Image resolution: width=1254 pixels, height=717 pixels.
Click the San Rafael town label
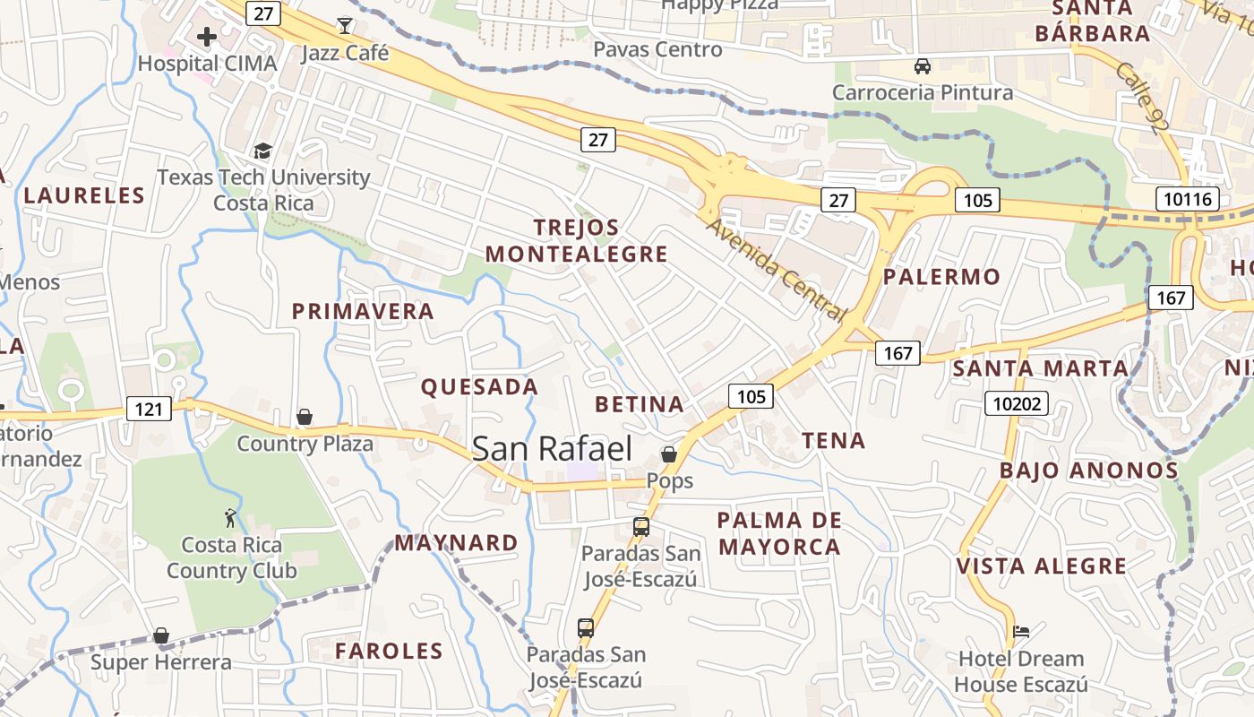pos(552,449)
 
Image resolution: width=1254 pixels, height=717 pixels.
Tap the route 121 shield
pos(149,410)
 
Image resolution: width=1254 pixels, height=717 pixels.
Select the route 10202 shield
pos(1018,403)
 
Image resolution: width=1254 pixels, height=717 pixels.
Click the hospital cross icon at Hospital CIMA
pos(207,37)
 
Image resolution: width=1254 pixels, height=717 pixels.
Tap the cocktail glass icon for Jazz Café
pos(345,25)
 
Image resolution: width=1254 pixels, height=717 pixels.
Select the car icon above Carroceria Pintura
pos(922,66)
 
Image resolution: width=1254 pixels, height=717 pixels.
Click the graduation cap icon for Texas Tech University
pos(262,151)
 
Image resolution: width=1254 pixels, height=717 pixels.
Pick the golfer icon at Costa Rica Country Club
pos(231,518)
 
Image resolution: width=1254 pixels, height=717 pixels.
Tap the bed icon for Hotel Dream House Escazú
pos(1020,631)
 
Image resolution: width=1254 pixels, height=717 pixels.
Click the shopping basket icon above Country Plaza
pos(305,417)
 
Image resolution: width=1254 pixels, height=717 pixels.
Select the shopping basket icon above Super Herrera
pos(161,635)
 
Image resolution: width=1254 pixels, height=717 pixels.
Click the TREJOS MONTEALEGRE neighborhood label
pos(577,241)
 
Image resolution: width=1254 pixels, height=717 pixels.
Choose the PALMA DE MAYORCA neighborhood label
pos(779,533)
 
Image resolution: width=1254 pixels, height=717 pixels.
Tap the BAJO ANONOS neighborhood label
pos(1088,471)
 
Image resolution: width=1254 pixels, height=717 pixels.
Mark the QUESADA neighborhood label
pos(479,387)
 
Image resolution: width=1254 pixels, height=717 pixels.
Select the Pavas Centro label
pos(657,49)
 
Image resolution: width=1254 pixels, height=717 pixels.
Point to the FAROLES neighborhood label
pos(389,652)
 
